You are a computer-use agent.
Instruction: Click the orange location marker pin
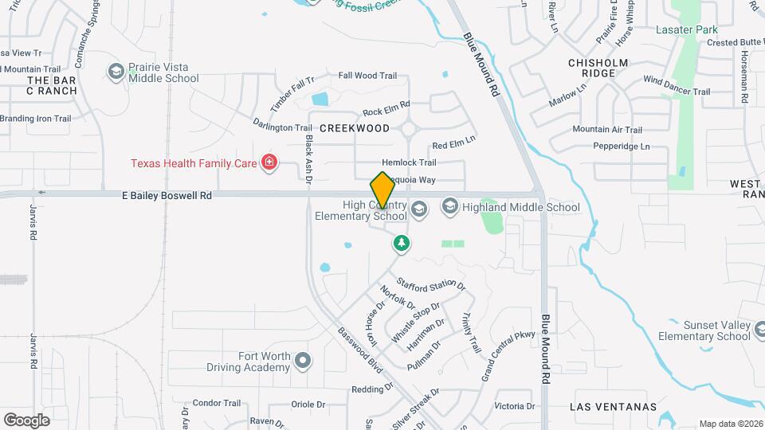pos(382,191)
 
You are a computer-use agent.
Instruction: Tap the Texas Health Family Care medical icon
pos(269,163)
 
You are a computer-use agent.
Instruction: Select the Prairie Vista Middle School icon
pos(116,72)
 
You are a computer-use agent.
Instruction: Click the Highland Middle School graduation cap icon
pos(449,207)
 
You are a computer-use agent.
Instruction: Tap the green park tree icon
pos(402,243)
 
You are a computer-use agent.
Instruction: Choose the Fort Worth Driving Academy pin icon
pos(302,362)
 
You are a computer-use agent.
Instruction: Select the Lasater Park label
pos(686,30)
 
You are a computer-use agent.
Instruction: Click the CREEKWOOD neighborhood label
pos(355,128)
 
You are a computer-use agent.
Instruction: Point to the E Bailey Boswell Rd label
pos(167,194)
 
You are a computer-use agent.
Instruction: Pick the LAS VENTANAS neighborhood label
pos(613,407)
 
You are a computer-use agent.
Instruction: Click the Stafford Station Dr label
pos(431,283)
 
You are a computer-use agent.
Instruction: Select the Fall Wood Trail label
pos(367,76)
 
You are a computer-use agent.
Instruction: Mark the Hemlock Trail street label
pos(409,162)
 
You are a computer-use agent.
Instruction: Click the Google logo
pos(26,420)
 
